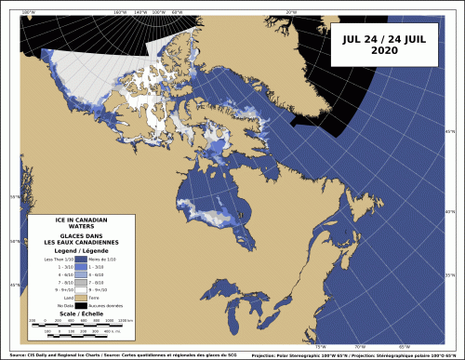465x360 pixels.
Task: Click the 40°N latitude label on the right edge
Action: [x=450, y=212]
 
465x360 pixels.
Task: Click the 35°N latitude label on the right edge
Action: [x=450, y=275]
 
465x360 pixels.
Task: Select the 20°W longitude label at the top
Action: [x=290, y=11]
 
